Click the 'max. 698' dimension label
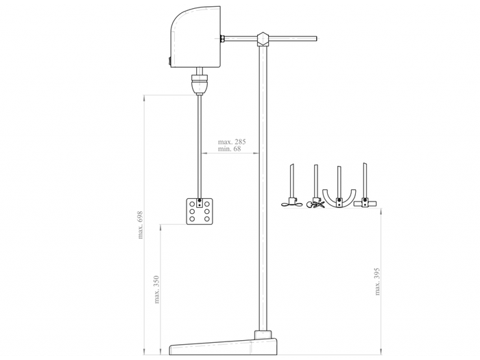(141, 224)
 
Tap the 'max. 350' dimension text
(158, 290)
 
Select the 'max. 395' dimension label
(377, 281)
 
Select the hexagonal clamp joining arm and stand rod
(262, 38)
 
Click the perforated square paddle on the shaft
(200, 212)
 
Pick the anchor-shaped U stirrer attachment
(339, 195)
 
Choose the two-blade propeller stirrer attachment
(291, 203)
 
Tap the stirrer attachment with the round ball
(316, 203)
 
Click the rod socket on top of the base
(262, 335)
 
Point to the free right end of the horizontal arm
(315, 38)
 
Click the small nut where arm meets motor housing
(223, 38)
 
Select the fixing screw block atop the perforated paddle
(200, 203)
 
